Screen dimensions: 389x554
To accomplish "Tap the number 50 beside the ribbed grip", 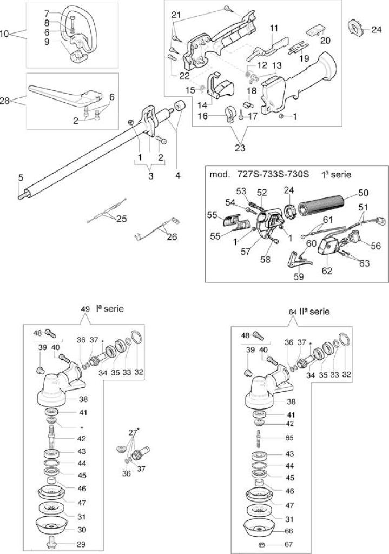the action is (x=363, y=193).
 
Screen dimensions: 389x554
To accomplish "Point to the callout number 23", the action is (x=240, y=148).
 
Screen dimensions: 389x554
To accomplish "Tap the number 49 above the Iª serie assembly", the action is (x=85, y=309).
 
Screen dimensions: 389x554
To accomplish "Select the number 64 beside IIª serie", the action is (x=292, y=312).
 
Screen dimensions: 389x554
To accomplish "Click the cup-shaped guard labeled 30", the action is (x=51, y=526).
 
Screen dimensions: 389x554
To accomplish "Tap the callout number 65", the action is (x=289, y=438).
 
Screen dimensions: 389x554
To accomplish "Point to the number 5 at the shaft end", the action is (x=21, y=177).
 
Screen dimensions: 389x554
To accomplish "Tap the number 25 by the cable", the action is (x=122, y=219).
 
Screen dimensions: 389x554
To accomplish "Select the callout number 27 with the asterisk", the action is (x=133, y=432).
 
